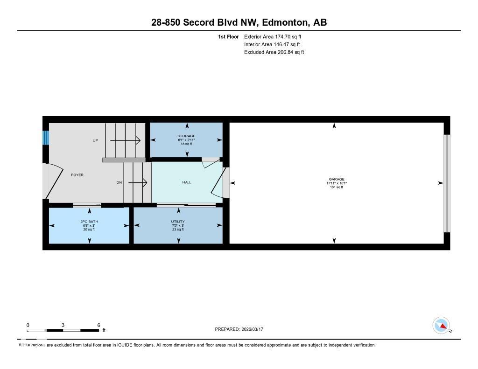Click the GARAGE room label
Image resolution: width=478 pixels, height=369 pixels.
coord(336,179)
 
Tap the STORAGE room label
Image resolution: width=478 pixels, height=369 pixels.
coord(186,136)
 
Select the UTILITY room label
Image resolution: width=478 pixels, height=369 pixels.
coord(178,222)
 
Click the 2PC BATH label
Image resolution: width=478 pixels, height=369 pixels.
coord(89,222)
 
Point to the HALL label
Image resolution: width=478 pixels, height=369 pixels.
coord(187,182)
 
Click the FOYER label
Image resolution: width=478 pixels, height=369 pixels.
coord(77,175)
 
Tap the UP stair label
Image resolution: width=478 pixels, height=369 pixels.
coord(95,140)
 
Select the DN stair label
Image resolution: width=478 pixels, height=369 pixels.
coord(119,183)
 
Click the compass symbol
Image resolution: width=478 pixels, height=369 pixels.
coord(441,325)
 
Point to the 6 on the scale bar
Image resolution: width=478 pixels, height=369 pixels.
coord(98,325)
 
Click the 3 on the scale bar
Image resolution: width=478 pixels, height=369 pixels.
coord(63,325)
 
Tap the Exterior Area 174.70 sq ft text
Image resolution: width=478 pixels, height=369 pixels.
coord(276,36)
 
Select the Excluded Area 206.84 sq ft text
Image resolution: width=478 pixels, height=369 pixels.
coord(274,52)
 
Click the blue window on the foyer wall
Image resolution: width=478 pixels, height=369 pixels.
coord(46,138)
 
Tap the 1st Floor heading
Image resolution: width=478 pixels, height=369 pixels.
coord(228,36)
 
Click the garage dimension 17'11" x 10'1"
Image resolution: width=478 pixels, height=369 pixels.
coord(336,183)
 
